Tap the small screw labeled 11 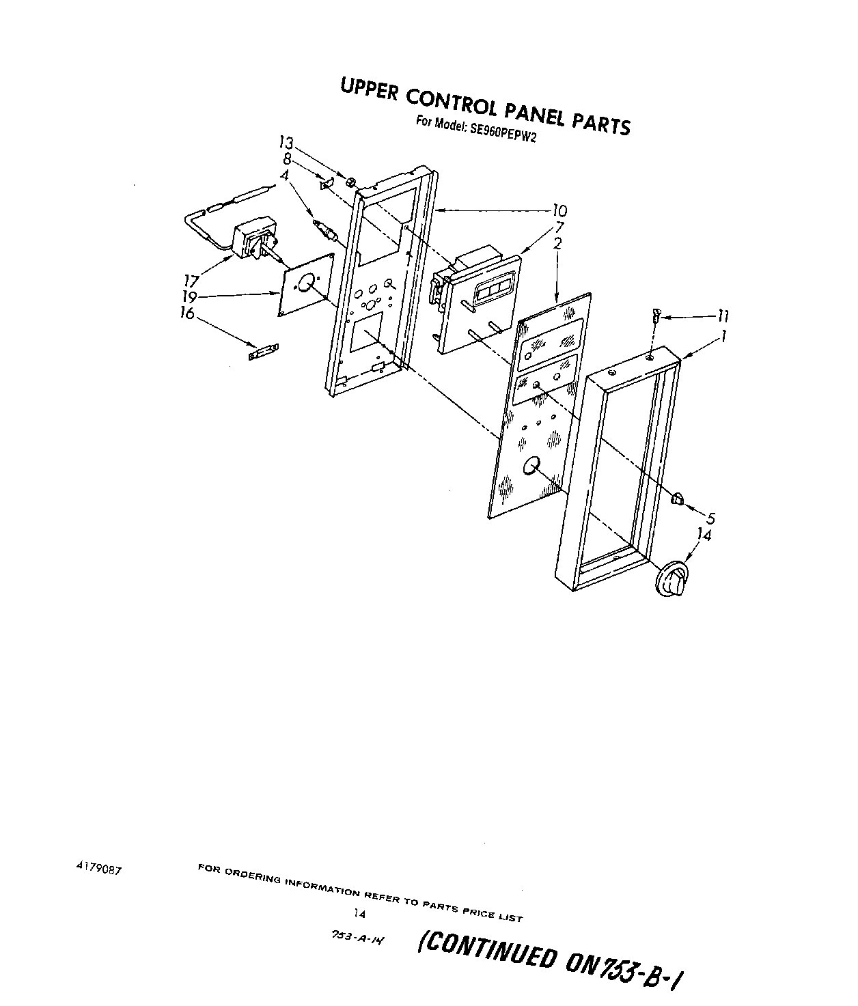pyautogui.click(x=656, y=316)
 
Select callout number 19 pyautogui.click(x=190, y=297)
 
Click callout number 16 pyautogui.click(x=186, y=313)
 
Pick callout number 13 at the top pyautogui.click(x=286, y=143)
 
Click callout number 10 pyautogui.click(x=559, y=210)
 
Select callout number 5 pyautogui.click(x=710, y=518)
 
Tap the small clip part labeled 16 pyautogui.click(x=263, y=352)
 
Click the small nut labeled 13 pyautogui.click(x=349, y=182)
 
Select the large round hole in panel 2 pyautogui.click(x=531, y=467)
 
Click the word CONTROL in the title pyautogui.click(x=452, y=103)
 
